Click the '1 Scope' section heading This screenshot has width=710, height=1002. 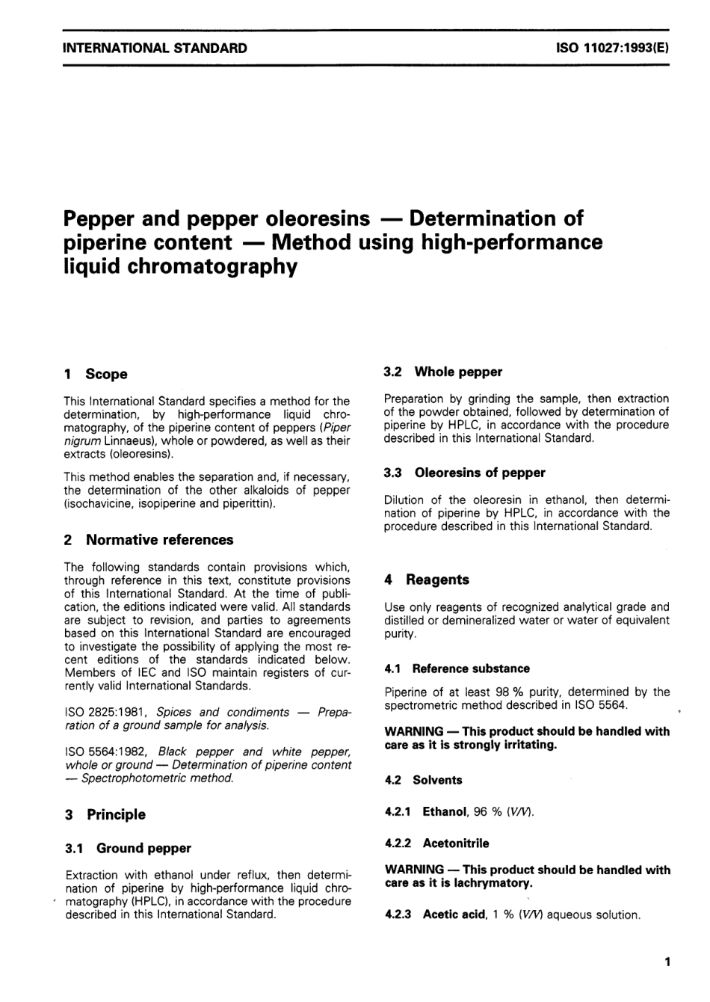(96, 374)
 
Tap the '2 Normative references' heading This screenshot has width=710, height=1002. (149, 540)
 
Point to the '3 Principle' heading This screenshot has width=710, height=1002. (106, 814)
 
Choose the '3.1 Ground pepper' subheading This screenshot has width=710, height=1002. (129, 848)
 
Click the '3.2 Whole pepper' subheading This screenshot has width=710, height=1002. (443, 372)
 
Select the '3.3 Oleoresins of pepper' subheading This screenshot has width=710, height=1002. (465, 473)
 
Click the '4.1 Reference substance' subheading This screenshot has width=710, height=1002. (457, 668)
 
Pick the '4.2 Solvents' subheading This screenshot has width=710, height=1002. (424, 780)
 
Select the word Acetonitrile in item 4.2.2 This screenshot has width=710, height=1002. (456, 843)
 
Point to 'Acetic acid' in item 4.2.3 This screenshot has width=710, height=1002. (454, 915)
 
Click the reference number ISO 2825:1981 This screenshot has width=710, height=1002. (107, 713)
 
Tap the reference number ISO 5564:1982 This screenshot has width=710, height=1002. (107, 751)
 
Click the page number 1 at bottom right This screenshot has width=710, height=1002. (667, 962)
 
